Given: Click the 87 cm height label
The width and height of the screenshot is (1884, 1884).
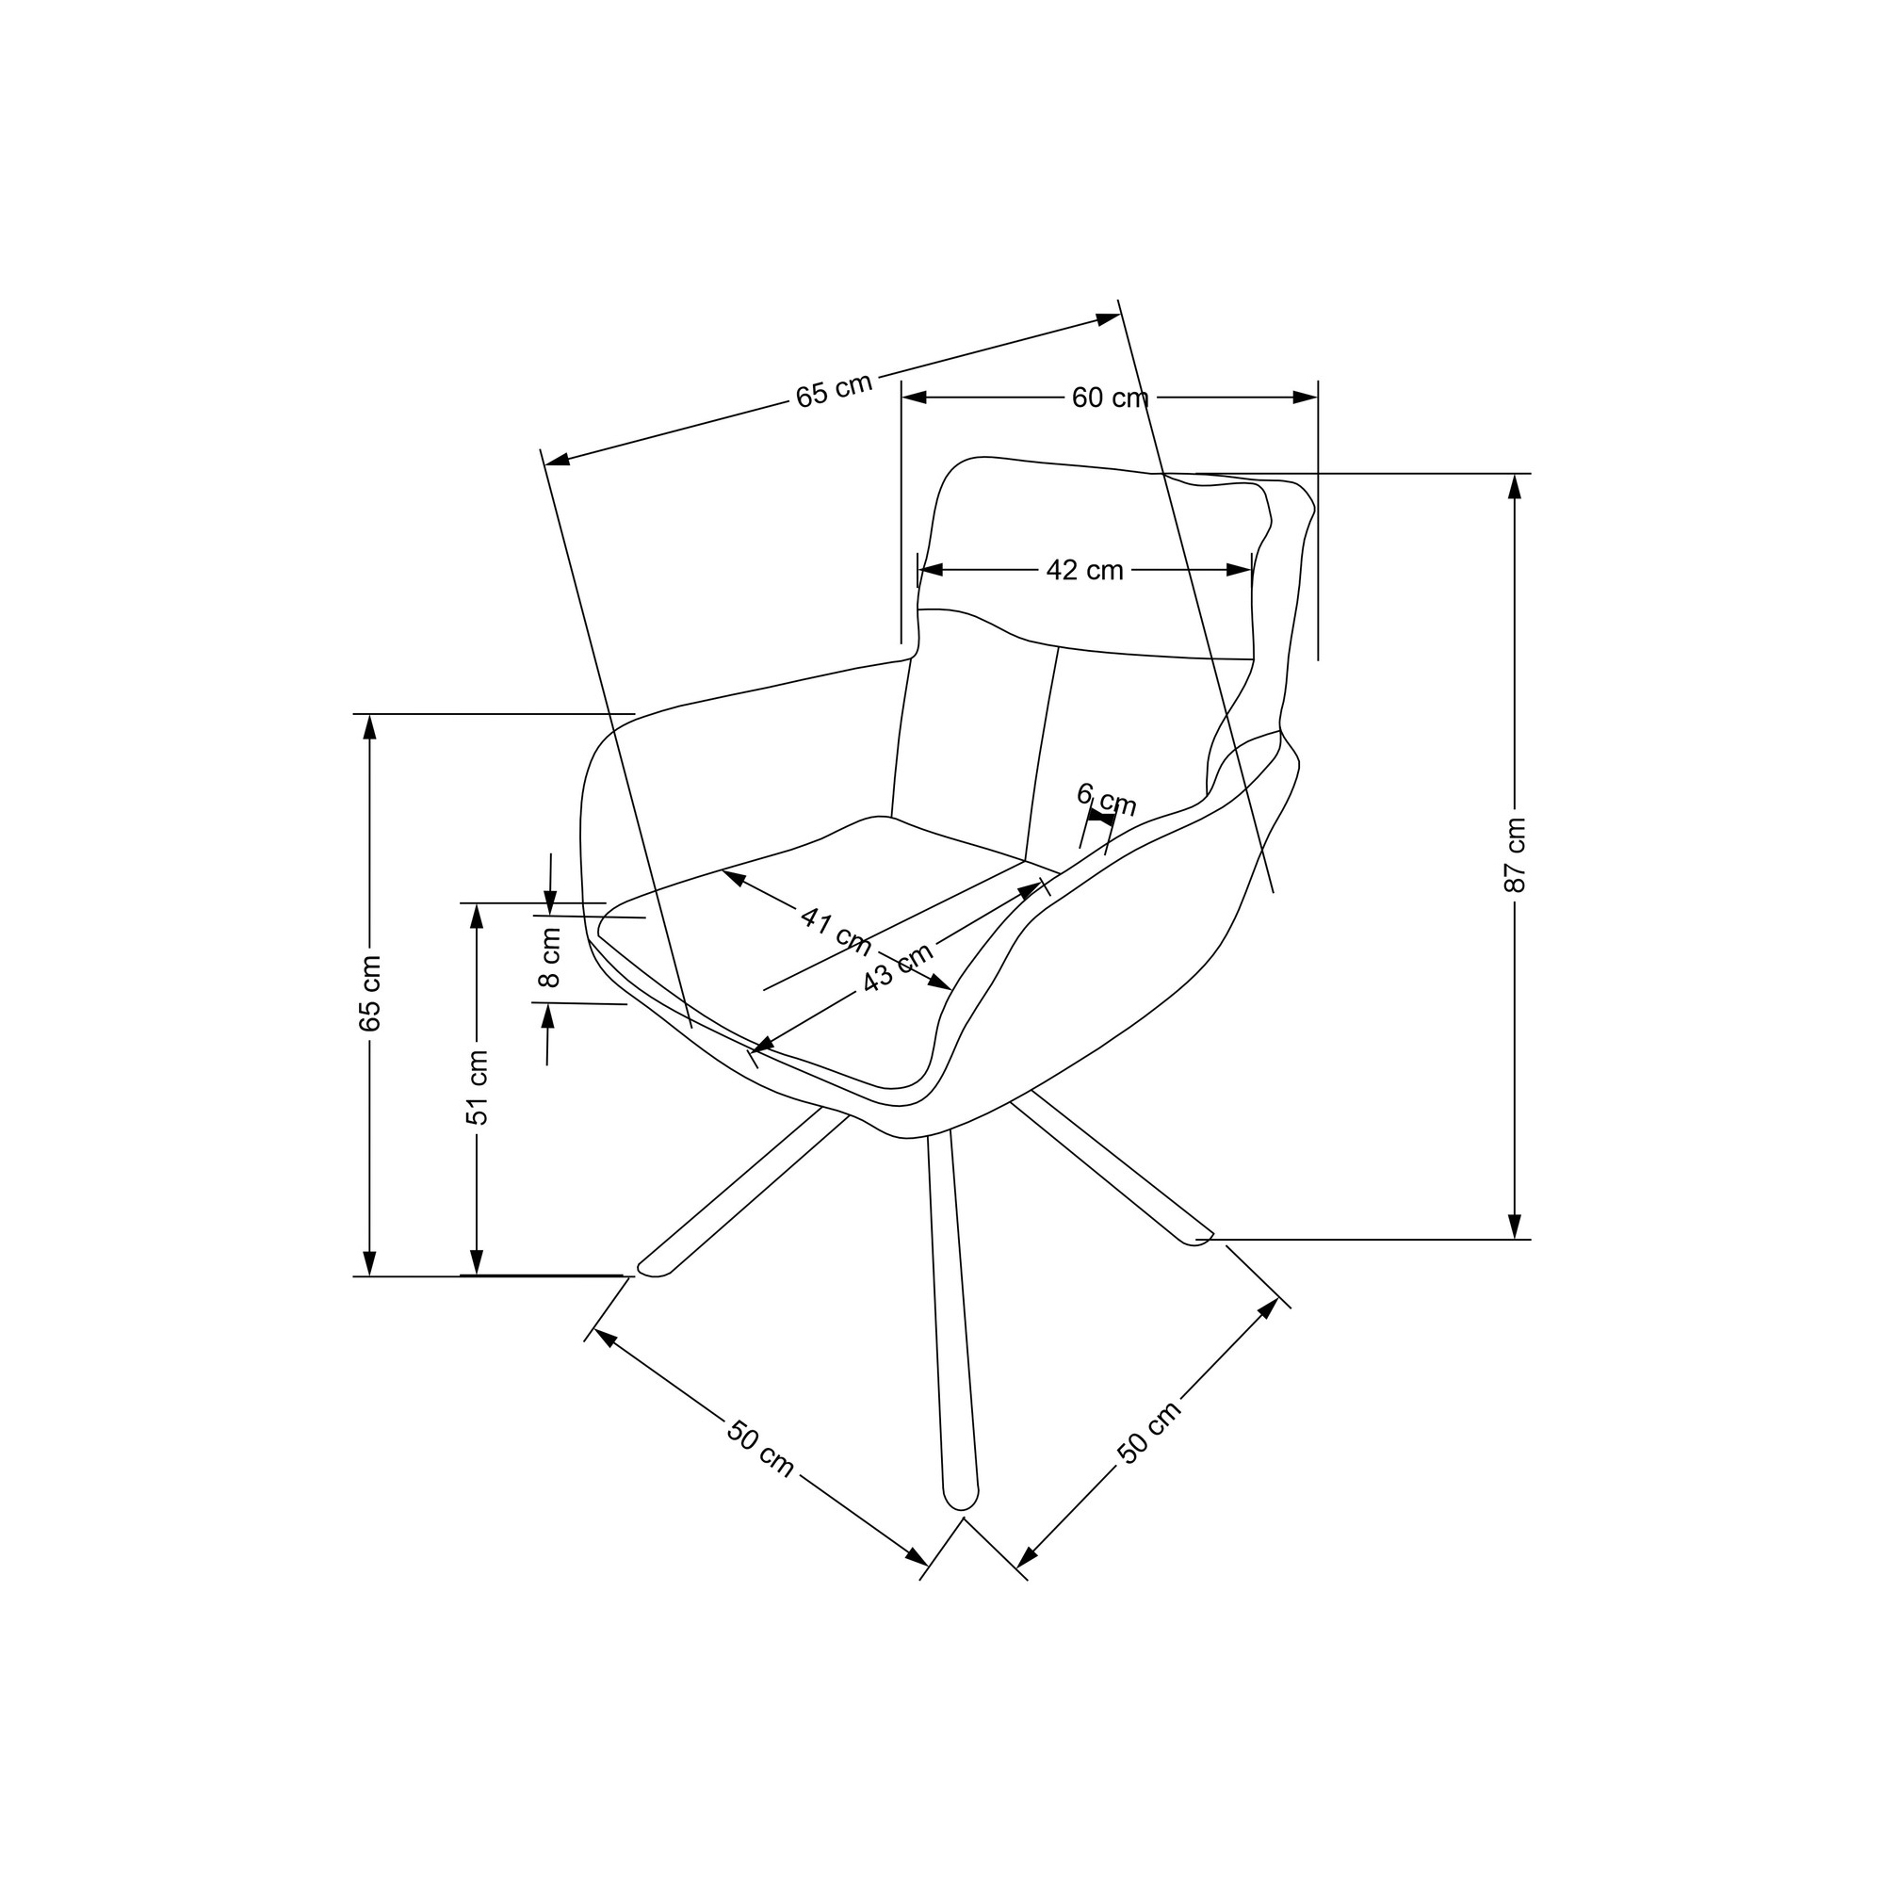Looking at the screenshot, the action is click(1515, 854).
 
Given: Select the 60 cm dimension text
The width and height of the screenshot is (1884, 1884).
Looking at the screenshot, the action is click(1110, 398).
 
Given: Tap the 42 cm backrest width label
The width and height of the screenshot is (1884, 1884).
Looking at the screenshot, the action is click(1084, 571).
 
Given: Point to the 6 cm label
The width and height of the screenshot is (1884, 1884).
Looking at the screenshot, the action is click(1107, 800).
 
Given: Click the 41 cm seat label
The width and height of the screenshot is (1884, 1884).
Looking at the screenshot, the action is click(836, 931).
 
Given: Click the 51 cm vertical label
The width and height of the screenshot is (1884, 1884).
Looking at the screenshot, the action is click(476, 1087).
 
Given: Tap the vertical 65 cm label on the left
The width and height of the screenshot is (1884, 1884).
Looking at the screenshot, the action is click(369, 994).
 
